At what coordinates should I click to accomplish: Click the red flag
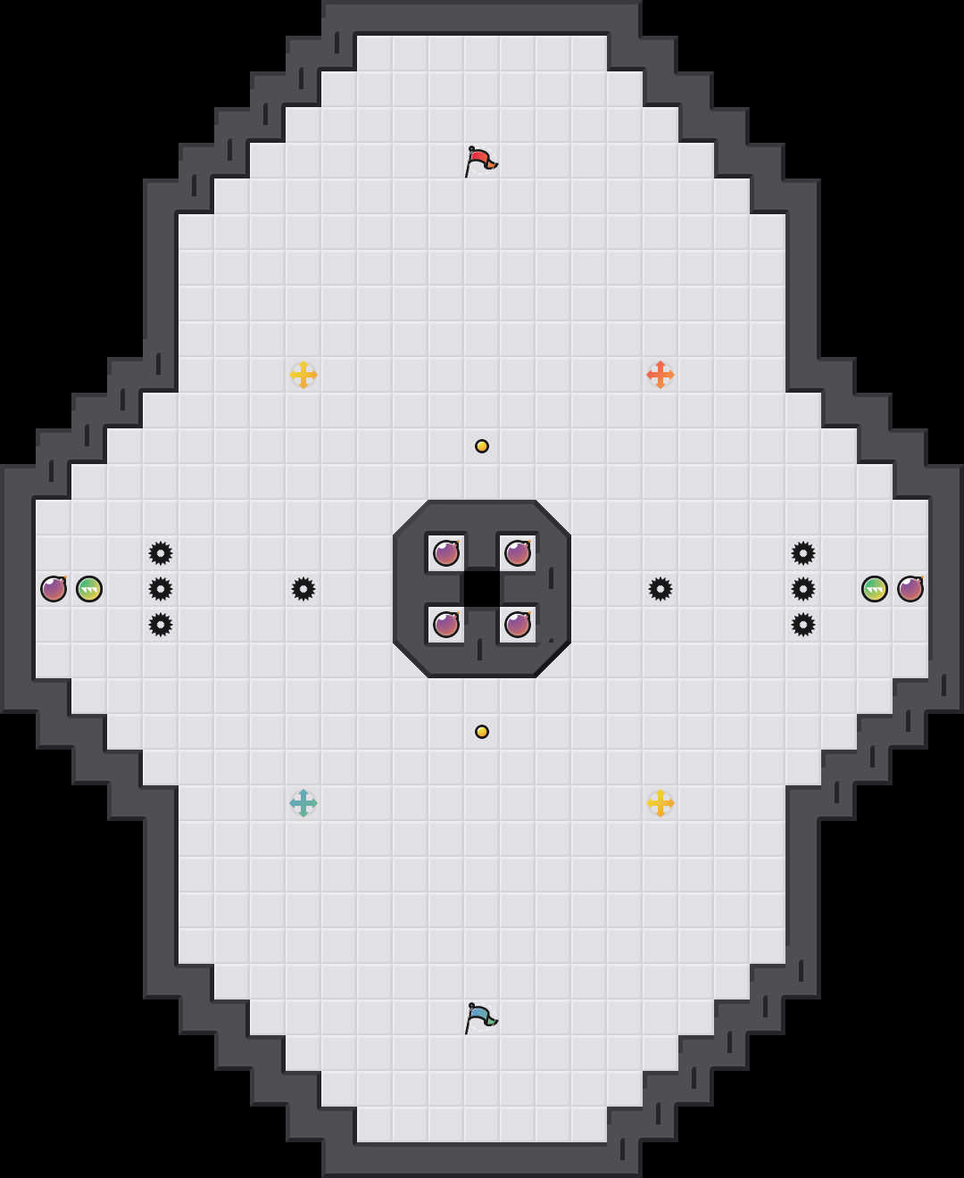click(480, 162)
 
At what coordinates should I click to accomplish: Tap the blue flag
click(480, 1017)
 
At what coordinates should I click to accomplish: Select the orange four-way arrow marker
click(661, 375)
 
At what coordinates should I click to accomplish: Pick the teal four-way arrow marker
click(303, 803)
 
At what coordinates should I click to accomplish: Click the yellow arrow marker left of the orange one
click(303, 375)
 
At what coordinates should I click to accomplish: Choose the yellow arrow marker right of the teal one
click(661, 803)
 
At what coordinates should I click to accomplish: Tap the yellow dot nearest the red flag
click(482, 446)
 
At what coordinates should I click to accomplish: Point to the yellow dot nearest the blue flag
click(482, 732)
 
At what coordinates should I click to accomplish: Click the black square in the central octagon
click(482, 589)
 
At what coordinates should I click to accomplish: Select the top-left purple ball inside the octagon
click(446, 553)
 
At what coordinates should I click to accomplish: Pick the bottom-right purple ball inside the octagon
click(518, 625)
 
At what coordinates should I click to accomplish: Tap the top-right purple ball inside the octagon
click(518, 553)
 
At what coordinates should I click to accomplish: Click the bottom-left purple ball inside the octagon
click(446, 625)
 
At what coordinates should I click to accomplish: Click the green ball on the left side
click(89, 589)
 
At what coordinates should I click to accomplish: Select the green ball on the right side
click(875, 589)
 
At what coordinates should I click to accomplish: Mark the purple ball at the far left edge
click(54, 589)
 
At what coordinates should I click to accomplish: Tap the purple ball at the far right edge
click(910, 589)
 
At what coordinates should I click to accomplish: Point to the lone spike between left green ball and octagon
click(303, 589)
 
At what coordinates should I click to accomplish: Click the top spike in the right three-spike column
click(803, 553)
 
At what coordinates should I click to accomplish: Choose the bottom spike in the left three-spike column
click(161, 625)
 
